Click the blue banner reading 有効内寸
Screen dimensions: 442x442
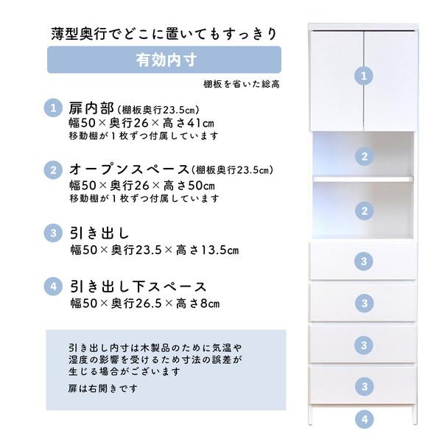click(x=164, y=60)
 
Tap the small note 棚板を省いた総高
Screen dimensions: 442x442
click(x=242, y=85)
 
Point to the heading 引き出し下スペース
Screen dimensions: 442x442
click(x=138, y=287)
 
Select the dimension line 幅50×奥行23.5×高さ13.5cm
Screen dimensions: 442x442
click(x=154, y=250)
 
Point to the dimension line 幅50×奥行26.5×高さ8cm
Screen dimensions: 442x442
click(x=144, y=303)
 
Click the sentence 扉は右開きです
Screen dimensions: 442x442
click(x=102, y=388)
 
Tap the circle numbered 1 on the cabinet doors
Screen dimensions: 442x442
click(x=363, y=75)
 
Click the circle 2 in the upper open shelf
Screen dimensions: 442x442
click(x=363, y=155)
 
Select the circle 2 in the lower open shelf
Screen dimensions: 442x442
click(x=363, y=211)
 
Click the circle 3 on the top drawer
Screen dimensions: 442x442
click(x=363, y=260)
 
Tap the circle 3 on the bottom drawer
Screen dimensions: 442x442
click(x=363, y=386)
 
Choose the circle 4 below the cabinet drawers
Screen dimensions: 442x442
click(x=363, y=421)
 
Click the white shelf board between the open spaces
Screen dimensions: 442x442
click(x=363, y=178)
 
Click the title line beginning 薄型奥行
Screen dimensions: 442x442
click(x=164, y=34)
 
